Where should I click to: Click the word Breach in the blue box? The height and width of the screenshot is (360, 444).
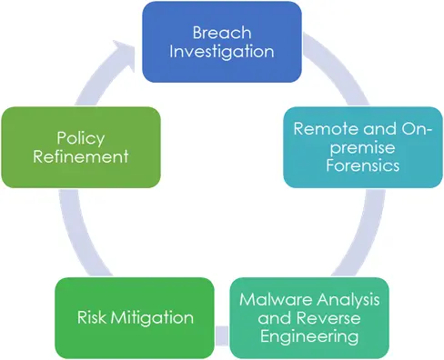(x=222, y=33)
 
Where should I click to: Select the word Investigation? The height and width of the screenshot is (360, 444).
(x=222, y=51)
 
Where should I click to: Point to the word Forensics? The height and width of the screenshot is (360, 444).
(x=363, y=165)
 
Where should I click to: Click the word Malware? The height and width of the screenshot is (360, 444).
(x=272, y=299)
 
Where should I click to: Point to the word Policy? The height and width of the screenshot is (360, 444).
(x=80, y=137)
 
